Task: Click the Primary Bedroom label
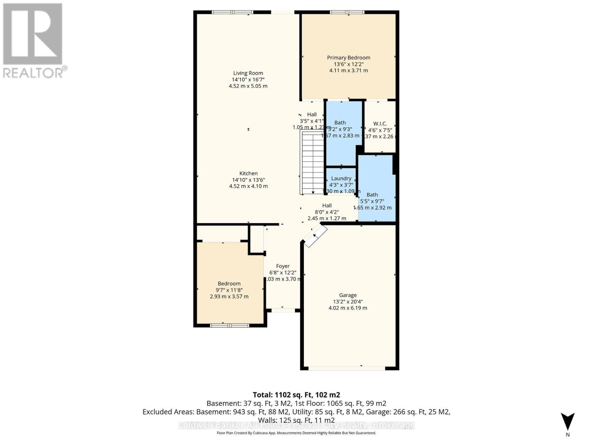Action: pos(348,58)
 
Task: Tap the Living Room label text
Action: pos(248,73)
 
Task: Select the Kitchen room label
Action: pos(248,174)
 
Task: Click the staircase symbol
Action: pos(312,163)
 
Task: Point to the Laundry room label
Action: pos(341,179)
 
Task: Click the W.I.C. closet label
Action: pos(380,124)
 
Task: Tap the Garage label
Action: pos(348,296)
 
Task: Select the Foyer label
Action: pos(283,266)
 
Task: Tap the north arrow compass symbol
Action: pos(567,422)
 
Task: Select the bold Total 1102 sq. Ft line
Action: pos(296,395)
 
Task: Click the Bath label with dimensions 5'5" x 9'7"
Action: pos(372,195)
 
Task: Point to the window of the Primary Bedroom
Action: pos(347,12)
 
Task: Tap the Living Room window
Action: pos(232,12)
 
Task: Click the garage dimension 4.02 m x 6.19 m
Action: pos(348,308)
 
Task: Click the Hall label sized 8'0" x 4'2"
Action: pos(327,206)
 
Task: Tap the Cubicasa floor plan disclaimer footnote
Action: pos(296,433)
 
